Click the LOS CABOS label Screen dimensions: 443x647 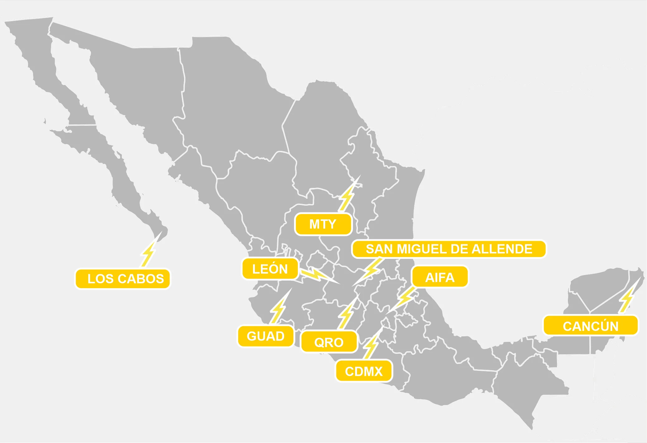click(123, 279)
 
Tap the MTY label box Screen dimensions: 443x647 click(323, 224)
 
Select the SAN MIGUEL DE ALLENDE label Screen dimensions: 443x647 click(449, 249)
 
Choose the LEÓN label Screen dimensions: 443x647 click(270, 269)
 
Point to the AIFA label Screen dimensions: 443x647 click(440, 277)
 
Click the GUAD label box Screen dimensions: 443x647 click(266, 336)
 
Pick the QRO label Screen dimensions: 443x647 click(329, 342)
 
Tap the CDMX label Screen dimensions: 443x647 click(364, 371)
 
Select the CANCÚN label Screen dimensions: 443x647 click(590, 326)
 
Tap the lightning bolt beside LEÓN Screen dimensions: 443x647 click(318, 275)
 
